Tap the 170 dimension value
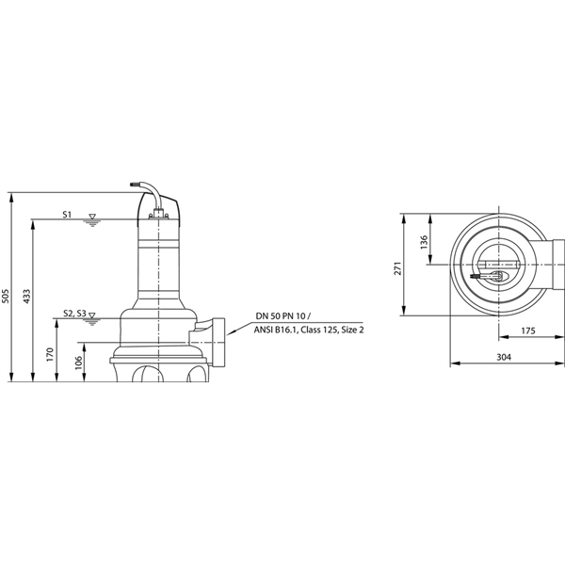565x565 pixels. point(50,356)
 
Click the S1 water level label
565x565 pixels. point(67,216)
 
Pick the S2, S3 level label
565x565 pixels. point(75,314)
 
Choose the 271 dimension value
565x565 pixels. point(398,268)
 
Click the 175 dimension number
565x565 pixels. point(527,331)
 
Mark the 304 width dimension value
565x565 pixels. point(503,357)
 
